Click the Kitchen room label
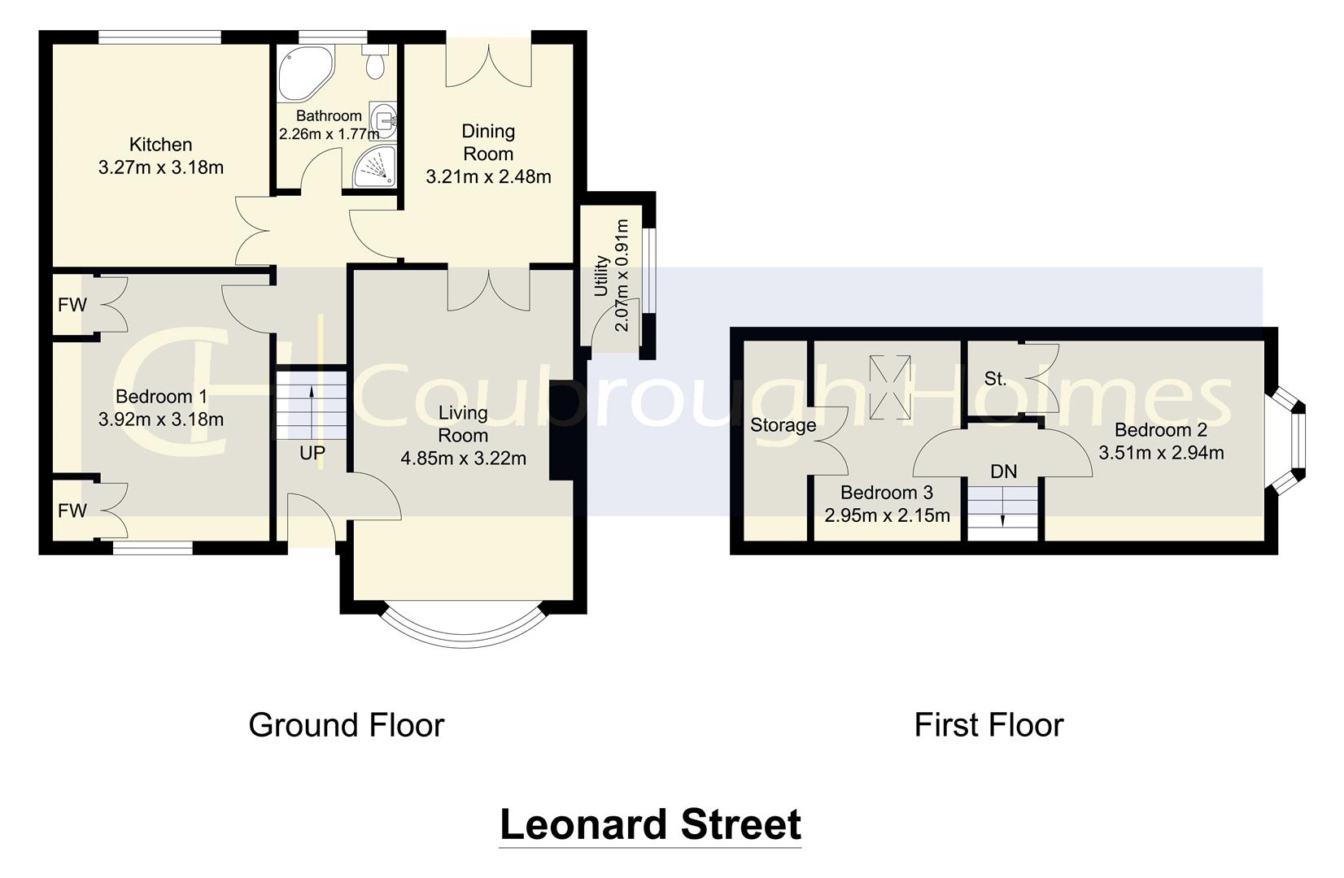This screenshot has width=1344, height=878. pos(161,145)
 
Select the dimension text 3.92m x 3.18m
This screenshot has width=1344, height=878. pos(160,420)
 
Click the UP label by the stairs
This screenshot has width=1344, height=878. pos(312,454)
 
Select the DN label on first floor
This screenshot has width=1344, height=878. pos(1003,472)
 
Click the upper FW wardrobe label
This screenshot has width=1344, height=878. pos(72,306)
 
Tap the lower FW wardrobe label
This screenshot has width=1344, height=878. pos(72,511)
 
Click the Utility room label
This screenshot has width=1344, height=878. pos(602,276)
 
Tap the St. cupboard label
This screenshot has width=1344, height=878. pos(995,379)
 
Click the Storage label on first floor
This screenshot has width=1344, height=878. pos(783,425)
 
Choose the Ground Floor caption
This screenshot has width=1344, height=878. pos(347,725)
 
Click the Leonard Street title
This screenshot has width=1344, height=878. pos(649,824)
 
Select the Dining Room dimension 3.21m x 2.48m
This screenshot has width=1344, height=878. pos(488,176)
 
